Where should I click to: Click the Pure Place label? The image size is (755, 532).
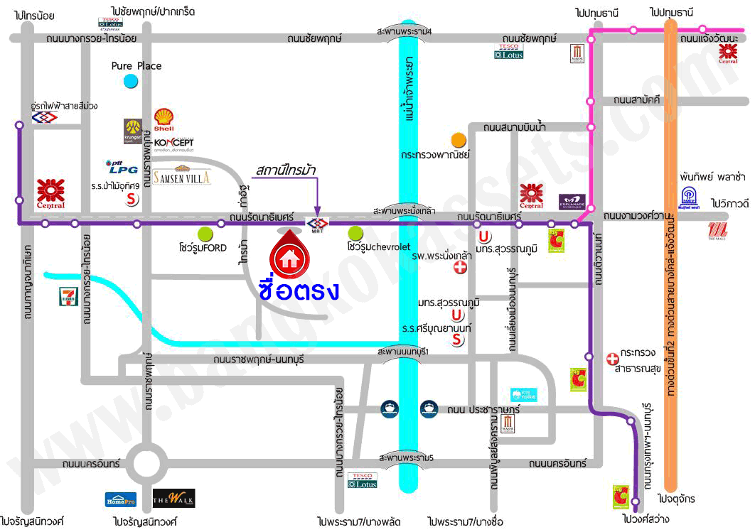click(x=136, y=66)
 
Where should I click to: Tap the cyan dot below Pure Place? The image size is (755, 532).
click(x=130, y=82)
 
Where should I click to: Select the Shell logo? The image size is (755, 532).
click(x=164, y=119)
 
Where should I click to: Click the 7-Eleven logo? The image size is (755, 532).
click(x=68, y=297)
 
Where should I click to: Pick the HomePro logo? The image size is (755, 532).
click(x=121, y=499)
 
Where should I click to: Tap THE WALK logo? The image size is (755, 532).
click(x=173, y=498)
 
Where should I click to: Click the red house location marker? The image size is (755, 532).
click(x=289, y=257)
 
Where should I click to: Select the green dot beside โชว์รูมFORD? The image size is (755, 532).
click(x=205, y=233)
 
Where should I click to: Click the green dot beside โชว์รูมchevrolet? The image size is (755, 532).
click(x=355, y=233)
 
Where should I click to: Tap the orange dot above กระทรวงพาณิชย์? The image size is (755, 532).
click(x=459, y=139)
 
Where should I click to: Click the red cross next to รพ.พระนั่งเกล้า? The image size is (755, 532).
click(x=461, y=267)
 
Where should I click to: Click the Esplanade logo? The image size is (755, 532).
click(x=573, y=202)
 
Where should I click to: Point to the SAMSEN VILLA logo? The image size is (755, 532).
click(x=182, y=176)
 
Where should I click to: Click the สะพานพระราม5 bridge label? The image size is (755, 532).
click(x=406, y=458)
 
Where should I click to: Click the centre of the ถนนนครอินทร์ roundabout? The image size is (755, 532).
click(x=148, y=463)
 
